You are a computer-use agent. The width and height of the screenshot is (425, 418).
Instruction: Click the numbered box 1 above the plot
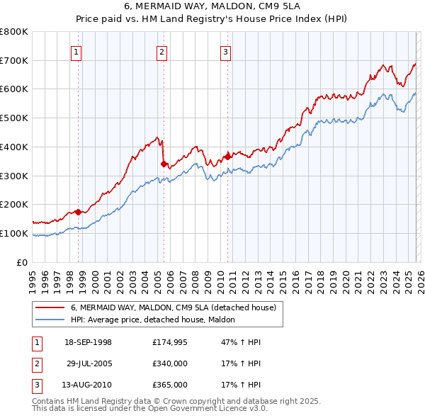click(75, 51)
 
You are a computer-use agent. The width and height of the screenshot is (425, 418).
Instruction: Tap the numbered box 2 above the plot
click(161, 51)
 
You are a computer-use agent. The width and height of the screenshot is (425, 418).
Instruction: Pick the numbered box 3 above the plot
click(225, 51)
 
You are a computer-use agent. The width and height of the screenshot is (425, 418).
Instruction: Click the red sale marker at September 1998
click(78, 211)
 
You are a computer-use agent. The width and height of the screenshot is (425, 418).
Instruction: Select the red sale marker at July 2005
click(164, 164)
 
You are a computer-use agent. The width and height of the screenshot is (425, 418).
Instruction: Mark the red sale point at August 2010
click(227, 157)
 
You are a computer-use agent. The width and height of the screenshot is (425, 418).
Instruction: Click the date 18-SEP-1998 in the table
click(88, 342)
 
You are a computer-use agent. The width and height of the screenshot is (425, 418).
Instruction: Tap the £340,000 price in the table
click(170, 363)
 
